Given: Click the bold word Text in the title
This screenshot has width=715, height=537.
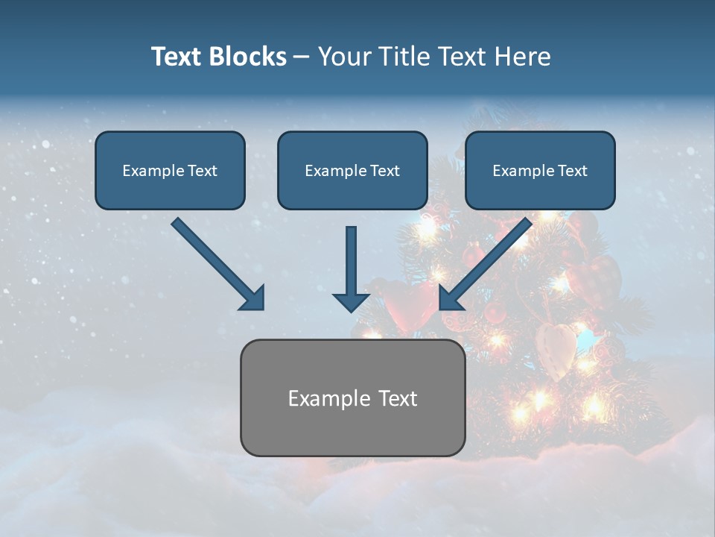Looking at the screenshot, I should (178, 57).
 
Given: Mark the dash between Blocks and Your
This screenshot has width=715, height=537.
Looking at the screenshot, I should (302, 57).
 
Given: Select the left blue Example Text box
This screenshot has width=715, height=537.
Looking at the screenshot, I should (170, 170).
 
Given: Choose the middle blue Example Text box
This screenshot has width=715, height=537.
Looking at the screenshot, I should (352, 170).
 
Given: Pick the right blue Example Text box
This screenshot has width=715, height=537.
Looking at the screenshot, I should (540, 170).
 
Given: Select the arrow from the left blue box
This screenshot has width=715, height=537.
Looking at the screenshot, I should (218, 264).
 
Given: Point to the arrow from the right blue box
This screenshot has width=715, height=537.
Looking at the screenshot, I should (486, 264).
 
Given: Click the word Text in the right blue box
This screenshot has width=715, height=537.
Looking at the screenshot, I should (572, 171).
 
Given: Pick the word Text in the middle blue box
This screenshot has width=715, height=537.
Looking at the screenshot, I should (384, 171).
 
